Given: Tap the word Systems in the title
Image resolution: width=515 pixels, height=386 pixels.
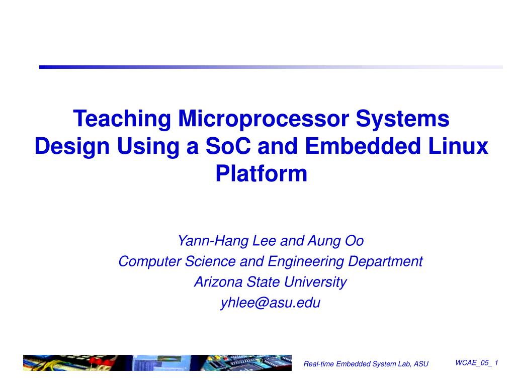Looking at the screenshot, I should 403,119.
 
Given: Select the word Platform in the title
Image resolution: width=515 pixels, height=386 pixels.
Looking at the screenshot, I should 261,174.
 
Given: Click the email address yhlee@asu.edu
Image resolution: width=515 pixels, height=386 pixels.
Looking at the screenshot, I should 271,303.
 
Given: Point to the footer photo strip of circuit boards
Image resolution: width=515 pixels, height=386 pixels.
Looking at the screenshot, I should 157,363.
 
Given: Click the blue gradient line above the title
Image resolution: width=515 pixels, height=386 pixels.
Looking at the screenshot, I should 271,67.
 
